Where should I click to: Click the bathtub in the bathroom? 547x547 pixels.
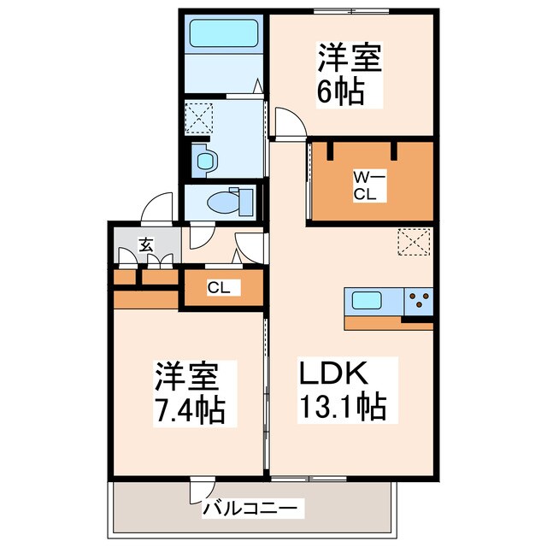[224, 33]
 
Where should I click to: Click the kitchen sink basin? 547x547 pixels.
[368, 301]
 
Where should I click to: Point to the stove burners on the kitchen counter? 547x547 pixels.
[419, 301]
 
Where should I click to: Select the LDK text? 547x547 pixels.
[332, 374]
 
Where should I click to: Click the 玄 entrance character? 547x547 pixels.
[146, 244]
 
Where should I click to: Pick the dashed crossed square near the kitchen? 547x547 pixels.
[415, 243]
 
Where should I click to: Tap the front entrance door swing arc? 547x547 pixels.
[157, 208]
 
